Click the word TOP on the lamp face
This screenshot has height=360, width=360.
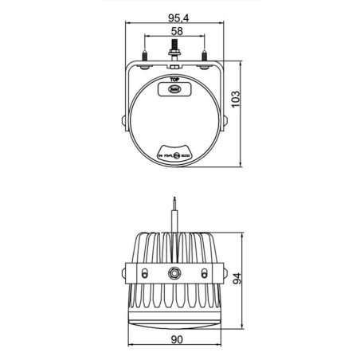pos(174,80)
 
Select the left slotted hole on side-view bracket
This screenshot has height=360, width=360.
pos(144,272)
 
